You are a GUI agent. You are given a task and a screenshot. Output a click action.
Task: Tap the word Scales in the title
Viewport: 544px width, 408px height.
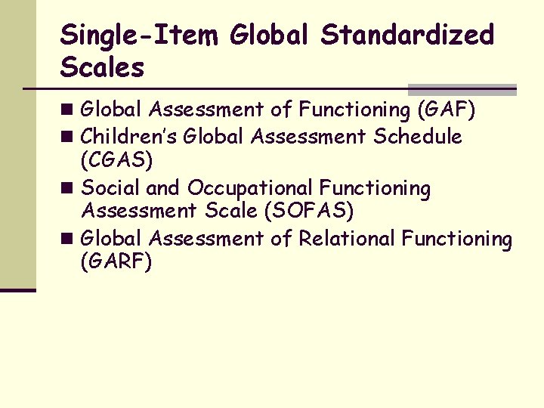tap(102, 68)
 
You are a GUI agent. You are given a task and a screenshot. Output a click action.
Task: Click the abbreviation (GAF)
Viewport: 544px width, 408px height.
tap(446, 110)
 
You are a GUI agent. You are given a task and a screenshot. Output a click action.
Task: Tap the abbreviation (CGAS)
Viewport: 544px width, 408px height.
tap(116, 159)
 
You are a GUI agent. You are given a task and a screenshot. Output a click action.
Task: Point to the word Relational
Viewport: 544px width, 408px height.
tap(347, 239)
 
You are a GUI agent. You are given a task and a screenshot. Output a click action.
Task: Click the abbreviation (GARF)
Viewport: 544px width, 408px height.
tap(116, 261)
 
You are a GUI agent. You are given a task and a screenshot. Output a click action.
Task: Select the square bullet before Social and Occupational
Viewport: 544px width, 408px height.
tap(69, 188)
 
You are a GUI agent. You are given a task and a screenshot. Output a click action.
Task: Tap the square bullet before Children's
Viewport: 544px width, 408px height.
tap(69, 138)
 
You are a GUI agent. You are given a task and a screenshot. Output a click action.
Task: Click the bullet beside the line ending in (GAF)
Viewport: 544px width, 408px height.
tap(69, 111)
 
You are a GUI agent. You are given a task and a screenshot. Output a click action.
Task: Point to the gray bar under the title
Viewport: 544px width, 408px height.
tap(462, 89)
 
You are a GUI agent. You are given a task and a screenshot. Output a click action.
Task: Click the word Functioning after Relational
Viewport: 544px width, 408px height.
tap(456, 239)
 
